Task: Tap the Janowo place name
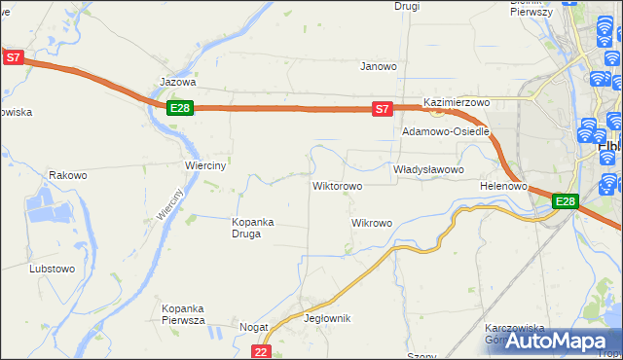(379, 67)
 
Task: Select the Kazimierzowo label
(456, 102)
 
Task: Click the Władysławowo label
(428, 169)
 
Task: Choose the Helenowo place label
(503, 185)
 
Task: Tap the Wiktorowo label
(337, 185)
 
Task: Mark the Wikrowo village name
(371, 223)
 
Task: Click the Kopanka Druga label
(252, 227)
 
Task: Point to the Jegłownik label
(327, 318)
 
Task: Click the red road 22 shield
(260, 351)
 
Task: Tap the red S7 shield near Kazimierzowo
(383, 110)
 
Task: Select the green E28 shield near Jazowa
(179, 108)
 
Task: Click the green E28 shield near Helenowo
(566, 201)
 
